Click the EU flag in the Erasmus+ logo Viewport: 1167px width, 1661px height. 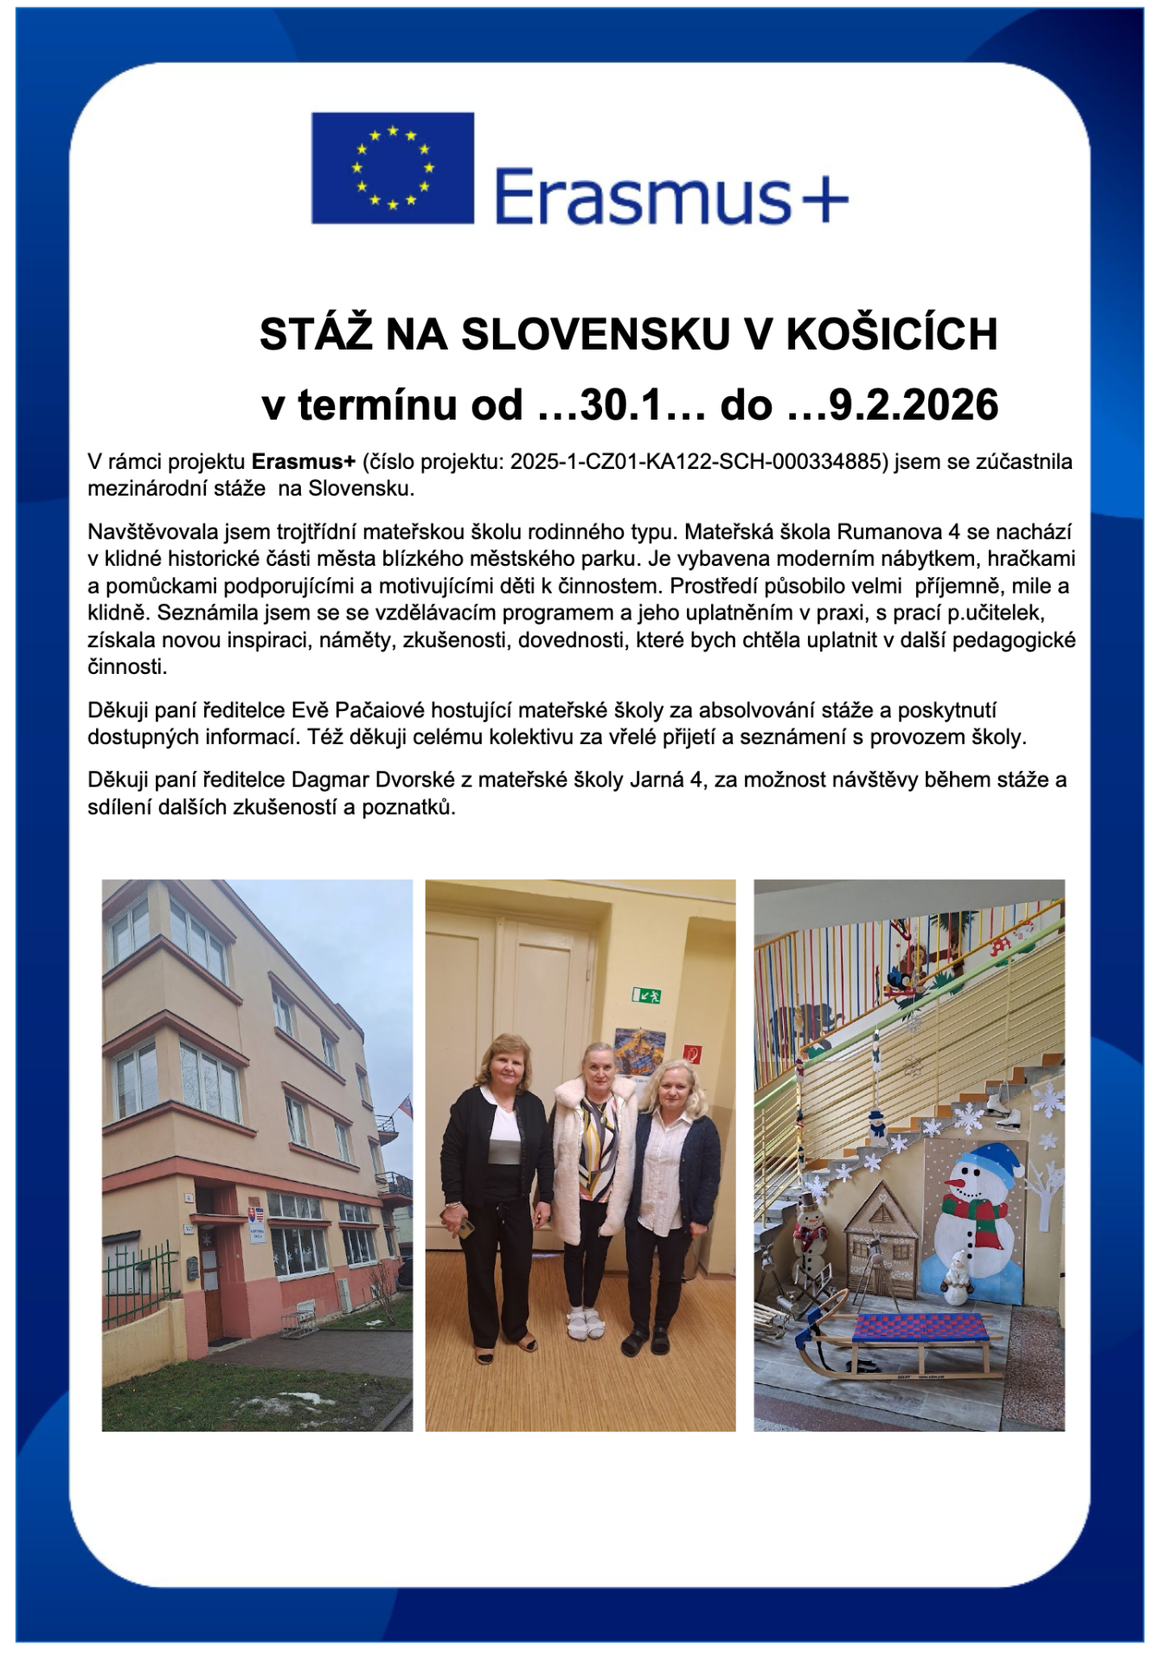coord(392,168)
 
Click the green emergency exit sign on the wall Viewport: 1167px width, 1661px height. coord(645,995)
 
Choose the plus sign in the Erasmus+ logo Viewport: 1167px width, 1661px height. coord(820,200)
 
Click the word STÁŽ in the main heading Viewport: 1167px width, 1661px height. coord(315,335)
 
